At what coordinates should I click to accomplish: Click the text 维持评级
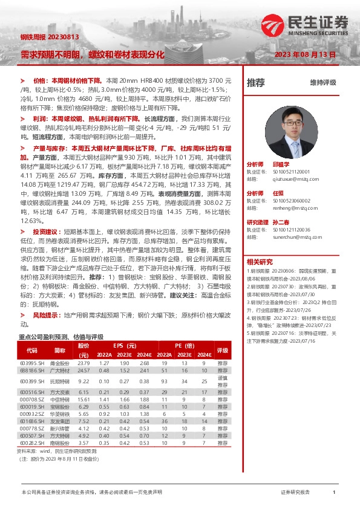[322, 83]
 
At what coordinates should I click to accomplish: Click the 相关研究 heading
[261, 262]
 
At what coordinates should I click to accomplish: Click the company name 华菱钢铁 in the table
[59, 413]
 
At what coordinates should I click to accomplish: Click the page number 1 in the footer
[334, 493]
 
